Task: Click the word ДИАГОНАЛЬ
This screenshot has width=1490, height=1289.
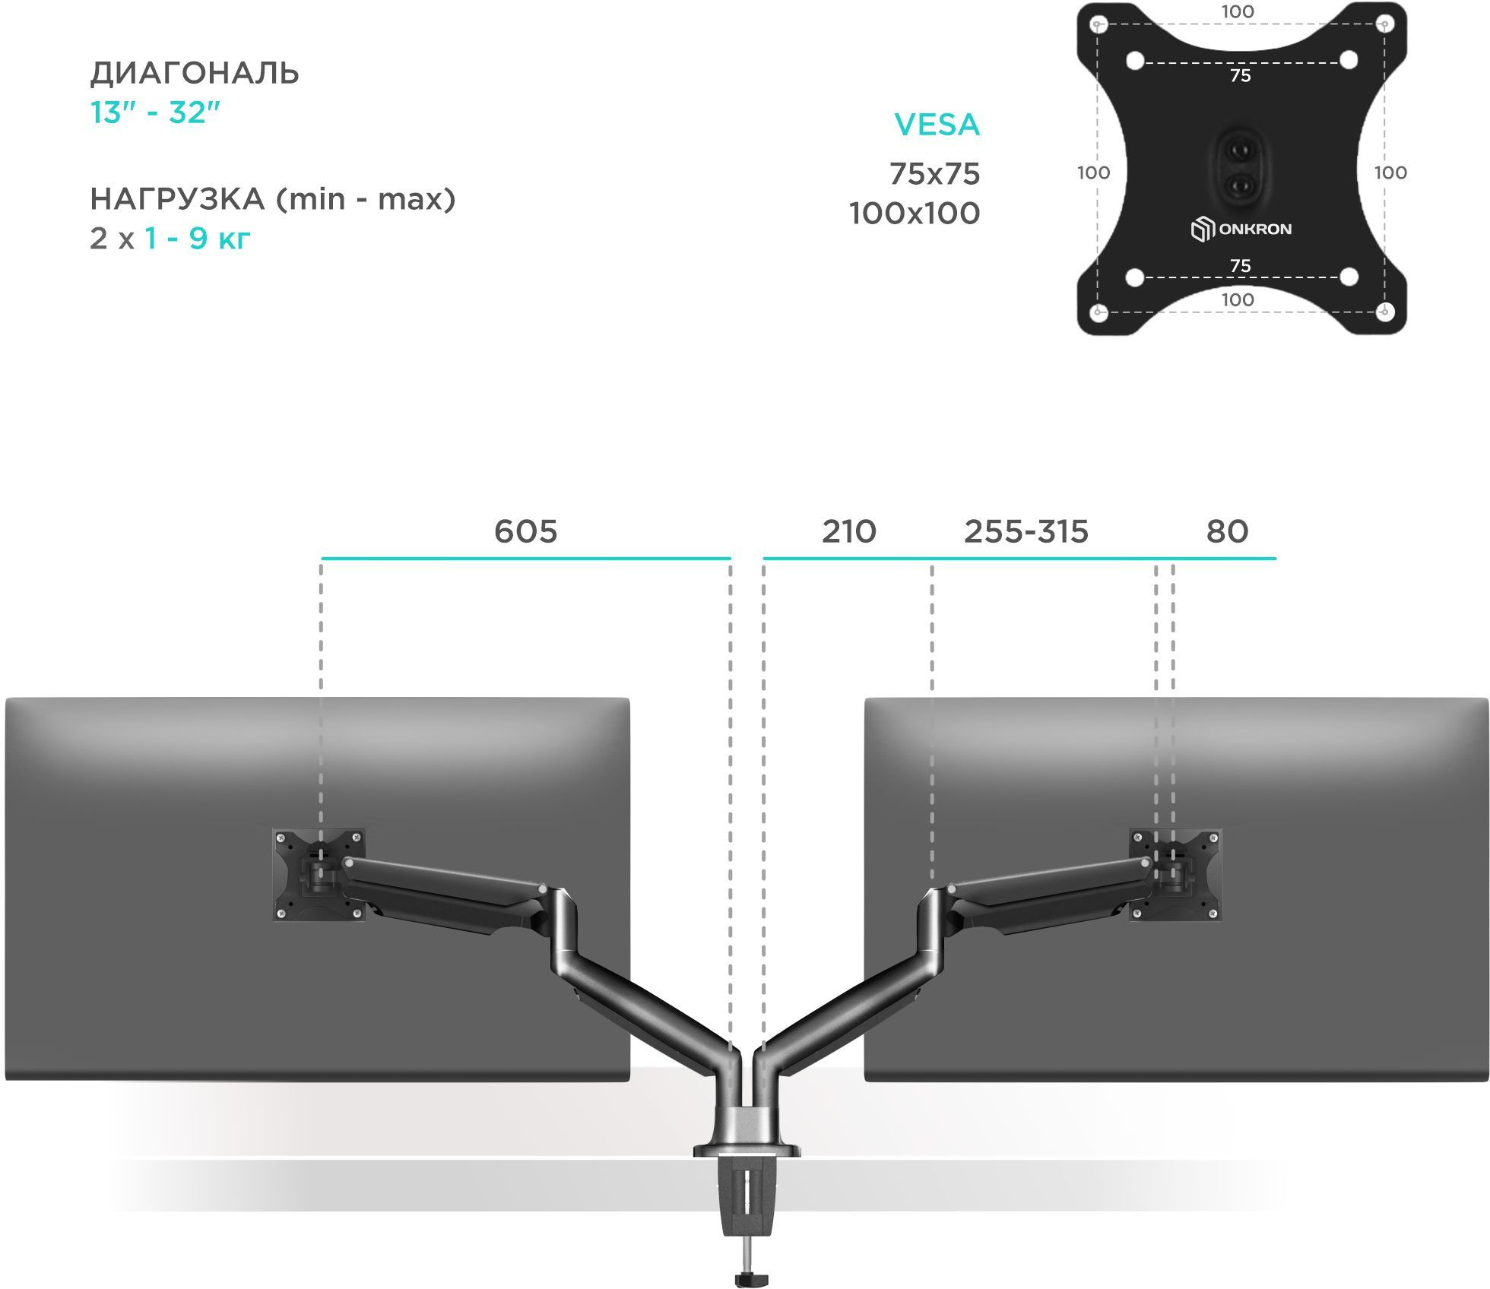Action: pos(195,74)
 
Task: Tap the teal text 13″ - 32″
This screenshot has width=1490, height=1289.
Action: pos(155,112)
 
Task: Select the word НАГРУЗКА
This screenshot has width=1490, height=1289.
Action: pos(177,199)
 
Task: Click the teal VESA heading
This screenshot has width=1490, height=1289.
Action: pos(937,125)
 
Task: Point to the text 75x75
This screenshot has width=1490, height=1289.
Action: pos(934,174)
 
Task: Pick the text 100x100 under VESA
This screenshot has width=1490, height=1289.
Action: pos(915,214)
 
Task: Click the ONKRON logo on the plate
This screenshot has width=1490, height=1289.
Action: pos(1241,229)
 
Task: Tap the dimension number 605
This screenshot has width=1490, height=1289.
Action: pos(525,531)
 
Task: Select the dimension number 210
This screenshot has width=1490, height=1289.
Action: pos(848,531)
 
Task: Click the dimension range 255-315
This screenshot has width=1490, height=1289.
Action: pos(1026,531)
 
